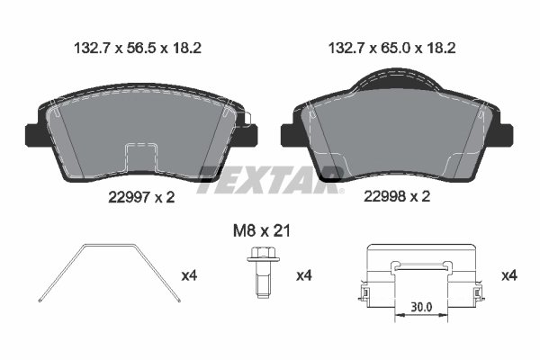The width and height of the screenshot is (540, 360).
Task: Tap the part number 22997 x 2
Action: click(142, 197)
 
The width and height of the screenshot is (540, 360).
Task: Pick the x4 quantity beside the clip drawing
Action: click(509, 274)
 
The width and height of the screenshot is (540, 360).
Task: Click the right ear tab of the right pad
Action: click(506, 133)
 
